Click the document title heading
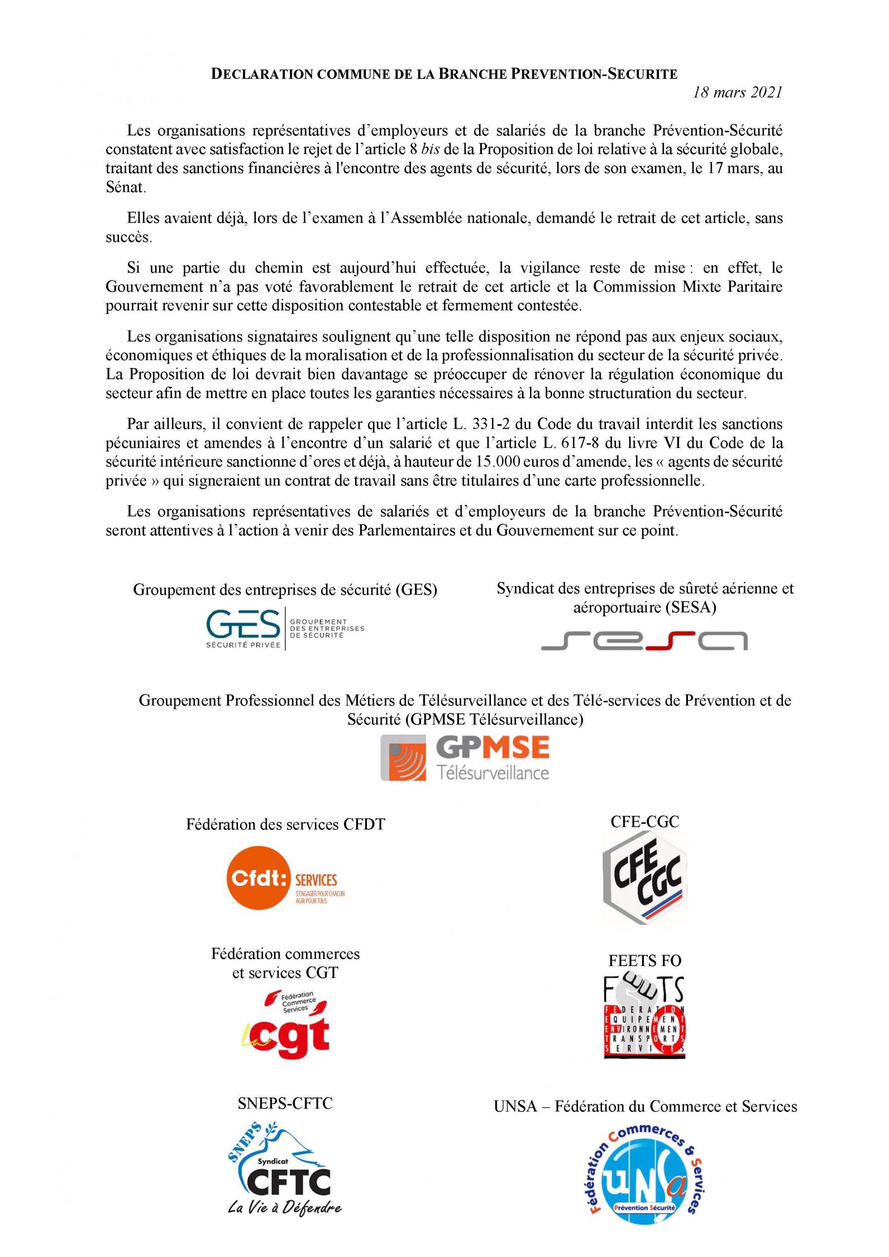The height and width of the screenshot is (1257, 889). pos(444,74)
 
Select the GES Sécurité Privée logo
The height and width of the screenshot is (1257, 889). pos(285,630)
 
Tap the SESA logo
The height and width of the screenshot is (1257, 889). pos(645,640)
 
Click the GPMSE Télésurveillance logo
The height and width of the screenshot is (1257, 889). pos(465,758)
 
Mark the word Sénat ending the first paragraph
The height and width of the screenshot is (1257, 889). pos(125,187)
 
